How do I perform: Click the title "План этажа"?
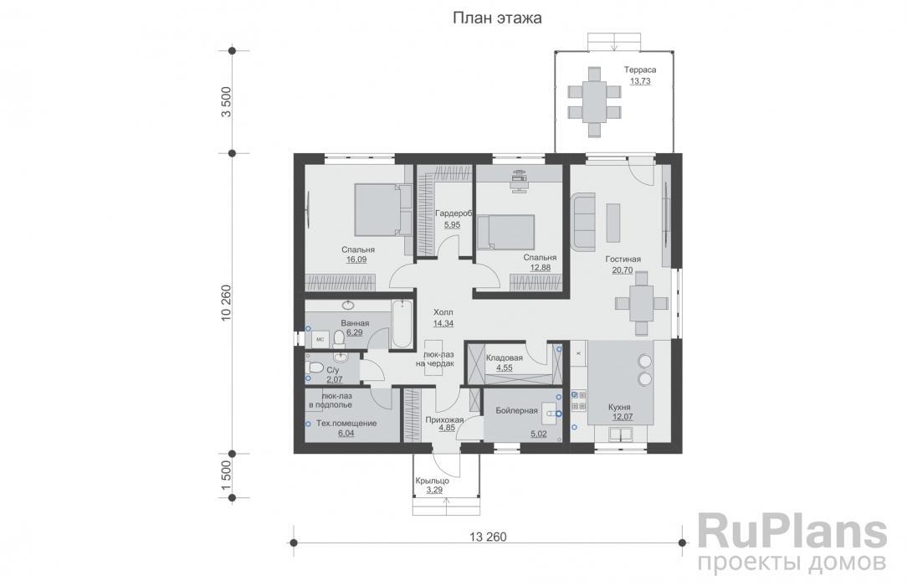(x=497, y=18)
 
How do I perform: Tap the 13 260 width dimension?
(x=488, y=537)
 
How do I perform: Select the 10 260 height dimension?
(x=226, y=302)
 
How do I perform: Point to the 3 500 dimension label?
(x=226, y=102)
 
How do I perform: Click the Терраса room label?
(x=640, y=70)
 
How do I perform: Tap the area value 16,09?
(x=356, y=260)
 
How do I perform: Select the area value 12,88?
(x=540, y=268)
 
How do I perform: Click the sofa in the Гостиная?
(x=583, y=221)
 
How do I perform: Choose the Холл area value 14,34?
(x=443, y=323)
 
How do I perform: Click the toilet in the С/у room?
(x=315, y=368)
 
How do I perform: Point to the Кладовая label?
(x=505, y=358)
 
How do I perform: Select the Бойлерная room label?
(x=516, y=411)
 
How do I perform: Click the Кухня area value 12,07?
(x=619, y=417)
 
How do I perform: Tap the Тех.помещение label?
(x=346, y=424)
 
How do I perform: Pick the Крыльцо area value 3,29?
(x=433, y=490)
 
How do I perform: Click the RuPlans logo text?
(x=792, y=532)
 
